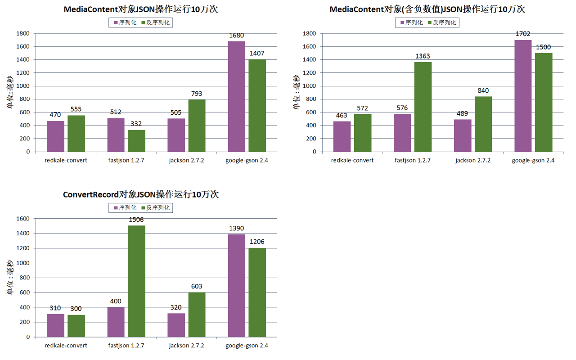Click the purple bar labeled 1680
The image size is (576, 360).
236,96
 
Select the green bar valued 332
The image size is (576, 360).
136,141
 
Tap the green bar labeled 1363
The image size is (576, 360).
423,107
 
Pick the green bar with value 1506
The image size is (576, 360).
136,281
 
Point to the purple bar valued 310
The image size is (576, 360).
55,325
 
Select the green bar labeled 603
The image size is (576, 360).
197,315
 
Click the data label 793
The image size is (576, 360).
197,94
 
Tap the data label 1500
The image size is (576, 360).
543,47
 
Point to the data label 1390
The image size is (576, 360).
236,229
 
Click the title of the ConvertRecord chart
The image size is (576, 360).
141,194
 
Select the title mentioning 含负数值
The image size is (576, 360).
427,9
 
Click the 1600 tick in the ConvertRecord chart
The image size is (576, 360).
23,219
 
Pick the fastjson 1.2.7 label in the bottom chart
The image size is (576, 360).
126,346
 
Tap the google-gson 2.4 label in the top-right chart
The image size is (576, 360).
533,161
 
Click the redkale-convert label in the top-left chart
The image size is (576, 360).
66,161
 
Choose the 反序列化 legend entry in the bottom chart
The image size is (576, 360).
155,208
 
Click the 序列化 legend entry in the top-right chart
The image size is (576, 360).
410,22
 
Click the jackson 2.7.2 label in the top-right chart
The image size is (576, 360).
472,161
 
